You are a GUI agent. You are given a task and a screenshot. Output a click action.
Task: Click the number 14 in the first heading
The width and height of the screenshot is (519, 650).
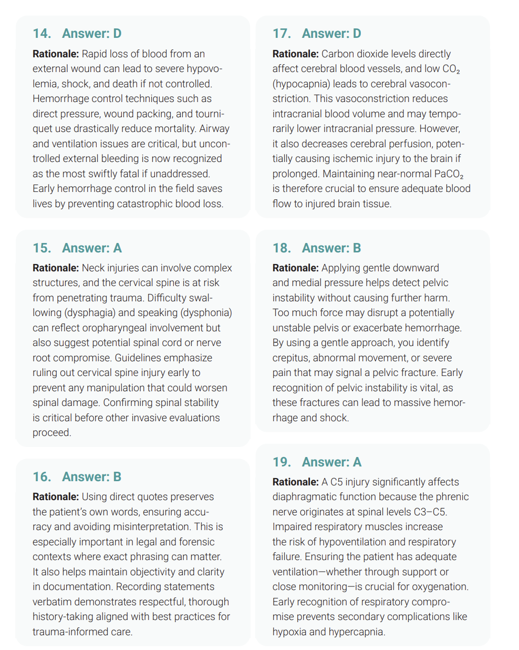[41, 34]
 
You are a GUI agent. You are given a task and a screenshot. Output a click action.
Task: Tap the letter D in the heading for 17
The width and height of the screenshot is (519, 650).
[357, 34]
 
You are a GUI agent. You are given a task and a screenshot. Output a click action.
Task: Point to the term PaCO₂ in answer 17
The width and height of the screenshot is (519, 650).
[449, 174]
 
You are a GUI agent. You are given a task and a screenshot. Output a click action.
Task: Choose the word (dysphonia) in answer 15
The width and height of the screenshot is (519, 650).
[206, 313]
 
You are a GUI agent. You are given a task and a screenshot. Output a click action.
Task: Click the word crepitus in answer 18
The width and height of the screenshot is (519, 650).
[291, 358]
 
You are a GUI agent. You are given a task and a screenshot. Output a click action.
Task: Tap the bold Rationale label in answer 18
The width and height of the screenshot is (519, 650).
[295, 268]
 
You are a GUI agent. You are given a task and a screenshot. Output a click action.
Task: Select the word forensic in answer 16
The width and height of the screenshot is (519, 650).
[196, 542]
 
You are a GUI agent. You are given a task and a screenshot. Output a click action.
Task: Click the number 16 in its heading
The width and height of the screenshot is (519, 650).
[41, 477]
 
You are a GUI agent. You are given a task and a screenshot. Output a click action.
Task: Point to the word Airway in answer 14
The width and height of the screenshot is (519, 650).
[214, 129]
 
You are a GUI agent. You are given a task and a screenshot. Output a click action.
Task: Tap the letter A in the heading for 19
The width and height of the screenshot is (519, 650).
[357, 462]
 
